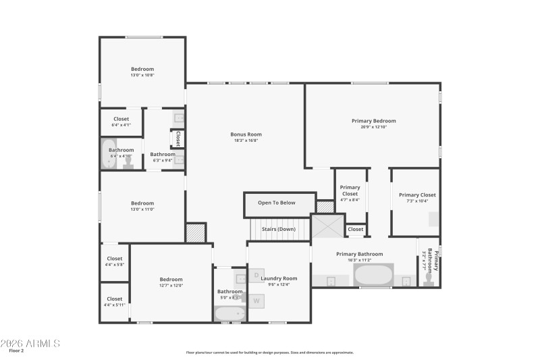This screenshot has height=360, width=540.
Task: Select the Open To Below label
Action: pyautogui.click(x=277, y=203)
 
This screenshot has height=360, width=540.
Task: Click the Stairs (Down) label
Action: pyautogui.click(x=279, y=229)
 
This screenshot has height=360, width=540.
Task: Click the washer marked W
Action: pyautogui.click(x=256, y=301)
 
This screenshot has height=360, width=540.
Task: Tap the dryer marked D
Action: pyautogui.click(x=256, y=276)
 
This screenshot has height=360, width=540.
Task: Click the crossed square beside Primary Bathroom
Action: pyautogui.click(x=328, y=226)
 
